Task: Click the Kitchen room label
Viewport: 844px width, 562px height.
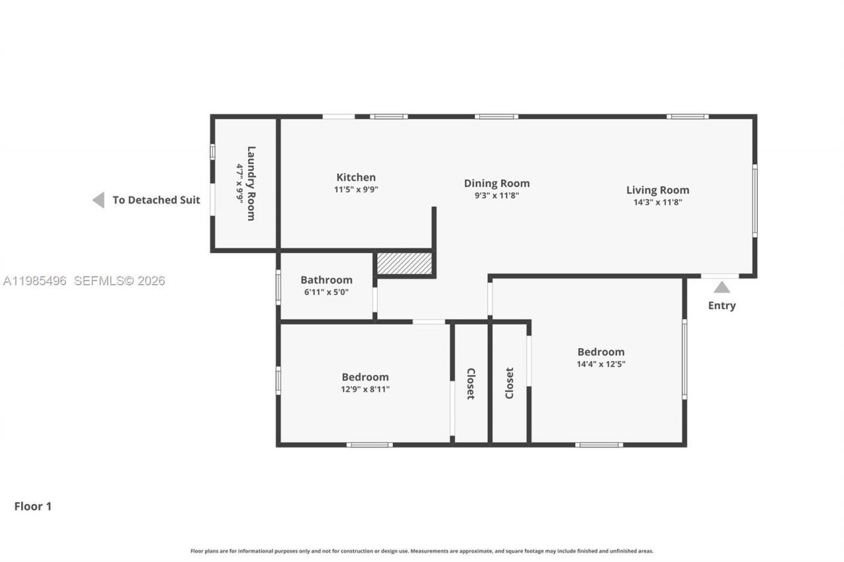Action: pos(356,177)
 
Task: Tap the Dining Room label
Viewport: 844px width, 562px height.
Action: pos(497,183)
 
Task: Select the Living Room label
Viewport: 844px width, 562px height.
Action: pos(657,190)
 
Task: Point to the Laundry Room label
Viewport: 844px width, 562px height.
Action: pos(251,183)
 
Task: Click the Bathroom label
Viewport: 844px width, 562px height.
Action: pos(326,280)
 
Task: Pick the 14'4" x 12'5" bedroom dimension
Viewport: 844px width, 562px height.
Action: pos(601,364)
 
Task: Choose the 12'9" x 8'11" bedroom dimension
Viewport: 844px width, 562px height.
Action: pos(365,389)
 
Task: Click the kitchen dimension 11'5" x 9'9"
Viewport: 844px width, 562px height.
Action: pos(356,189)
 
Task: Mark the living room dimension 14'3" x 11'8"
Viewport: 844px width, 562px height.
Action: pos(657,202)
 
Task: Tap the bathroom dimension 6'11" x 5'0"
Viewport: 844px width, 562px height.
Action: pos(326,292)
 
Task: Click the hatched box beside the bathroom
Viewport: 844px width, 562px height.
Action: pos(404,264)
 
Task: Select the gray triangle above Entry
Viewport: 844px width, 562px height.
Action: pos(722,287)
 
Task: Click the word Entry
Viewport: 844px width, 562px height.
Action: pos(722,305)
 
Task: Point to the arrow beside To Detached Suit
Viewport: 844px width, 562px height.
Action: pos(98,200)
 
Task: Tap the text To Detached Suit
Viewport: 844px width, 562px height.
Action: pos(156,200)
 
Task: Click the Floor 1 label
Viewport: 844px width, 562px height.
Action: pos(33,506)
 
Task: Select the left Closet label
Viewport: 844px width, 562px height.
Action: pos(471,383)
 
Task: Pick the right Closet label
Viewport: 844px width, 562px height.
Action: pos(510,383)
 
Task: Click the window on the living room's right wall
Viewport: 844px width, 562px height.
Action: pos(754,200)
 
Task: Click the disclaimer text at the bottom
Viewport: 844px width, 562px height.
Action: pos(422,551)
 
